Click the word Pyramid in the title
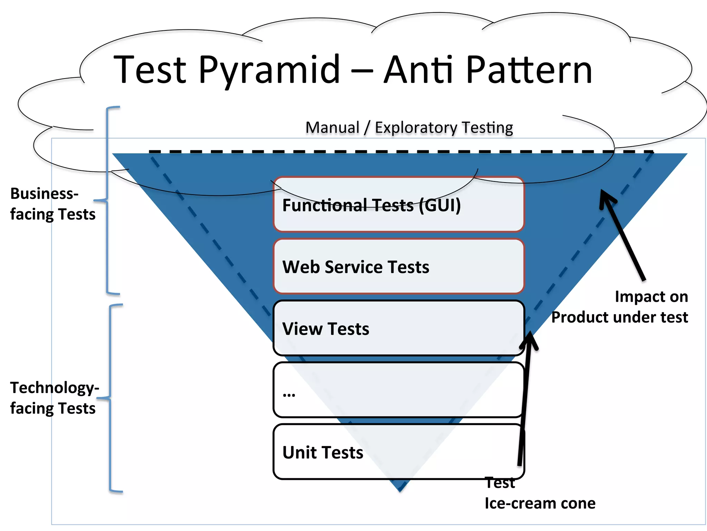tap(269, 71)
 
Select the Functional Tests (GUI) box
tap(399, 205)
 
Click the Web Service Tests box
tap(399, 267)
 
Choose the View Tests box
tap(399, 328)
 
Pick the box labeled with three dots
tap(399, 390)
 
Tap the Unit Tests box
tap(399, 452)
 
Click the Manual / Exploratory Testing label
tap(409, 128)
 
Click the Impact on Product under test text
tap(620, 307)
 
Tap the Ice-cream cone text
tap(540, 503)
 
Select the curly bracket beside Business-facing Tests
tap(107, 201)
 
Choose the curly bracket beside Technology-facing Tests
tap(110, 398)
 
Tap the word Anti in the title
tap(418, 71)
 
